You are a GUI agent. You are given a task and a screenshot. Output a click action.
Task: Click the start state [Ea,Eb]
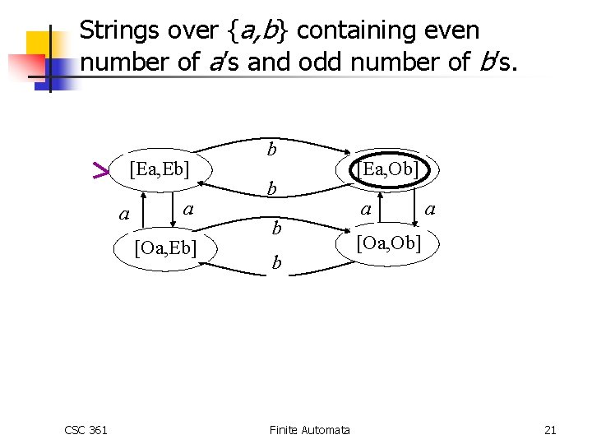coord(160,170)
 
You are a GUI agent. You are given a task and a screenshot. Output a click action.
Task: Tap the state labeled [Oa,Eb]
coord(165,248)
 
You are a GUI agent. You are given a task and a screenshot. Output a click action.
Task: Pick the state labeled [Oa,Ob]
coord(388,243)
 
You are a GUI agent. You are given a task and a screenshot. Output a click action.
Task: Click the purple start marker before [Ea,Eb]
coord(99,171)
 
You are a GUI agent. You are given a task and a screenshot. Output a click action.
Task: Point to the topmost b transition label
coord(272,150)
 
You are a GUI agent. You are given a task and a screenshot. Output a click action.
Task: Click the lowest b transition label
coord(277,263)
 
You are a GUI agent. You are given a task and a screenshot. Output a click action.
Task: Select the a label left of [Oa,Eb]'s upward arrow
coord(124,215)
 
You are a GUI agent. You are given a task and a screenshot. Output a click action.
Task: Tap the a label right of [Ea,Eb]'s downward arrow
coord(188,210)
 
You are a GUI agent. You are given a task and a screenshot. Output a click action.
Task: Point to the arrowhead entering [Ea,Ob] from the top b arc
coord(345,153)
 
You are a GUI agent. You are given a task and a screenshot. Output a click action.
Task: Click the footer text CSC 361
coord(86,430)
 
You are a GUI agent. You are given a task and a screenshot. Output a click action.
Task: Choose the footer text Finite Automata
coord(309,430)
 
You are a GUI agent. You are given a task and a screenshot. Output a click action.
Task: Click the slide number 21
coord(550,430)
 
